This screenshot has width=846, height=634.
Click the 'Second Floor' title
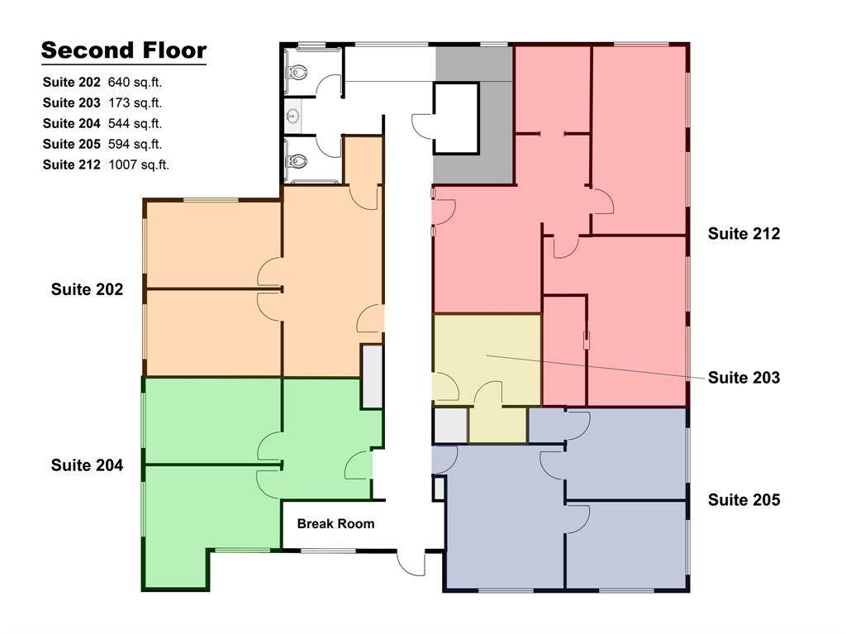tap(123, 50)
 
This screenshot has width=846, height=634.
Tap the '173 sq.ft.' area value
tap(135, 102)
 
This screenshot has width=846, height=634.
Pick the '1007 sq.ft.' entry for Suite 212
tap(138, 164)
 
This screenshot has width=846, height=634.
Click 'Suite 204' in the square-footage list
tap(72, 123)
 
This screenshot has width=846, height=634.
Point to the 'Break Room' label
tap(335, 523)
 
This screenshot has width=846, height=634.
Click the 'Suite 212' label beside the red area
tap(744, 233)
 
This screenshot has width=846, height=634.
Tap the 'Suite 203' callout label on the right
tap(744, 378)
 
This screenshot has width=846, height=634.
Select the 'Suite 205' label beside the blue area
tap(744, 499)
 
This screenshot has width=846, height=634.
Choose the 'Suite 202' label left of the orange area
tap(87, 289)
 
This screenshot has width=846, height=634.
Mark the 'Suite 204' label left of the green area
tap(87, 465)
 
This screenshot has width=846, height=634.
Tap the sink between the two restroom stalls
tap(292, 117)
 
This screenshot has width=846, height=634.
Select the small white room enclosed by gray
tap(456, 117)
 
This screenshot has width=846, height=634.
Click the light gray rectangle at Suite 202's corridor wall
tap(373, 377)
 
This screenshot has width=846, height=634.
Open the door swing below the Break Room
tap(411, 564)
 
